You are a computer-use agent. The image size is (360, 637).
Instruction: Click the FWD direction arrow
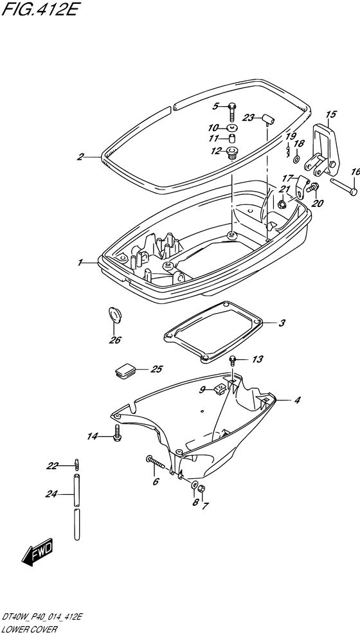(x=37, y=553)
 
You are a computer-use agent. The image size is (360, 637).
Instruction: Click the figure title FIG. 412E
(x=39, y=9)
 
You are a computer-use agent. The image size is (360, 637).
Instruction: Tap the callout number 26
(x=115, y=340)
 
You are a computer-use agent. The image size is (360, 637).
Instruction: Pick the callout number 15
(x=330, y=114)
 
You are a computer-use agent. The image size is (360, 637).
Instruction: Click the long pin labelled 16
(x=343, y=186)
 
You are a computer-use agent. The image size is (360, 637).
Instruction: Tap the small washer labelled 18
(x=296, y=157)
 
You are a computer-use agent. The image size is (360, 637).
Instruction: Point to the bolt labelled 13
(x=233, y=361)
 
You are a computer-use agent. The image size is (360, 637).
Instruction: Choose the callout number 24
(x=51, y=494)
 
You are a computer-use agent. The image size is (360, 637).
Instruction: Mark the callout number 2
(x=80, y=157)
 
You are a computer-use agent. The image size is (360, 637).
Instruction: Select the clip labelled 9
(x=219, y=389)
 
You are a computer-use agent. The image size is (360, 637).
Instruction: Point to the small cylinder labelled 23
(x=268, y=120)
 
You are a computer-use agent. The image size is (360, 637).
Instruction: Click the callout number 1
(x=80, y=263)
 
